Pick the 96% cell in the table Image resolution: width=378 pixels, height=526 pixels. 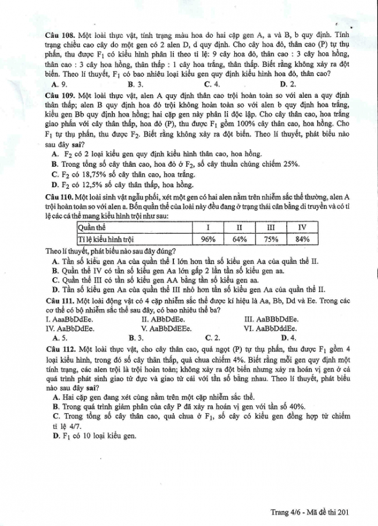[208, 238]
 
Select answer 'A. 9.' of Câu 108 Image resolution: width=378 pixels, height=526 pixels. [59, 83]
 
